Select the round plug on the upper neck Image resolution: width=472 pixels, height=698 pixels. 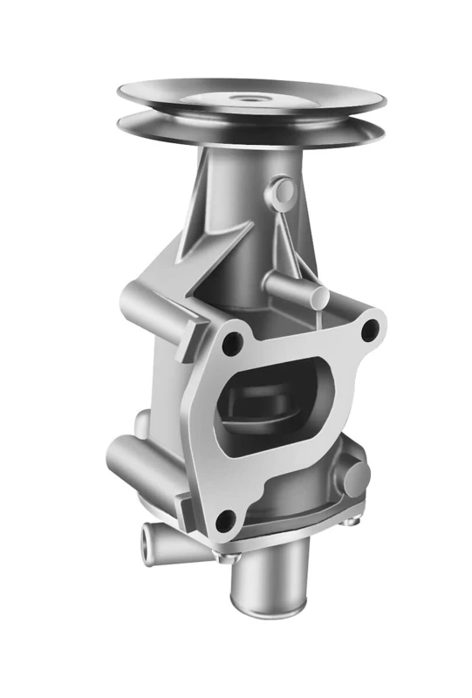[x=282, y=188]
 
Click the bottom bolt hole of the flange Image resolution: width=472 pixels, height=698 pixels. [x=225, y=521]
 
